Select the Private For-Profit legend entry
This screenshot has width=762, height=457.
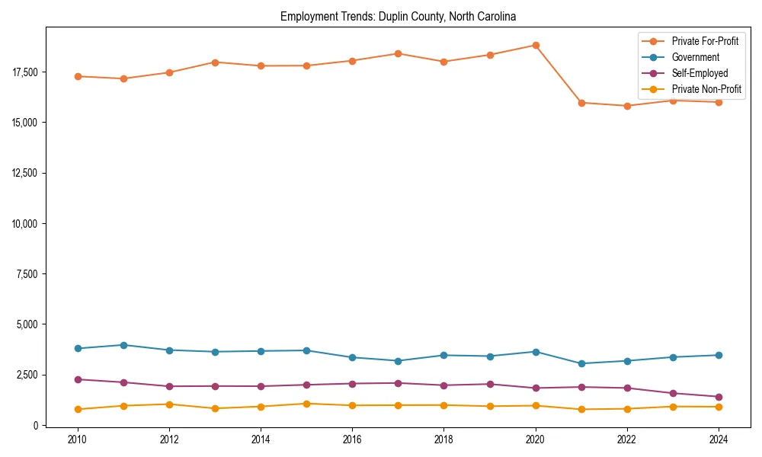tap(705, 41)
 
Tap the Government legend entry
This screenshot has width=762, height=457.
tap(695, 57)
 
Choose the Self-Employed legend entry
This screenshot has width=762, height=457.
tap(700, 73)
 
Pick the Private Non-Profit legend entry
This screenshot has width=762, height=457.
tap(706, 89)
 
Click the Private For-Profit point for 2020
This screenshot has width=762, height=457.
tap(536, 45)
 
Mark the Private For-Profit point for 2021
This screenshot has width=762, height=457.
tap(581, 103)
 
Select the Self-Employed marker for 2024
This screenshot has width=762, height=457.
tap(719, 397)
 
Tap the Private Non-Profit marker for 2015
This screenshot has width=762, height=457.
tap(306, 404)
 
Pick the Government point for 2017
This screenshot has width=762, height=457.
tap(398, 361)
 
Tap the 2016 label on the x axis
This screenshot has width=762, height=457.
tap(352, 439)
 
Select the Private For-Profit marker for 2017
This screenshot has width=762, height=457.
tap(398, 53)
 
